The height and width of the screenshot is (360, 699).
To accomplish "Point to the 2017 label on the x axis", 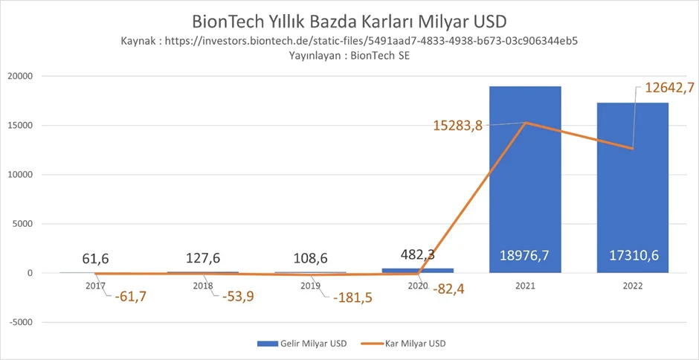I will click(95, 285).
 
